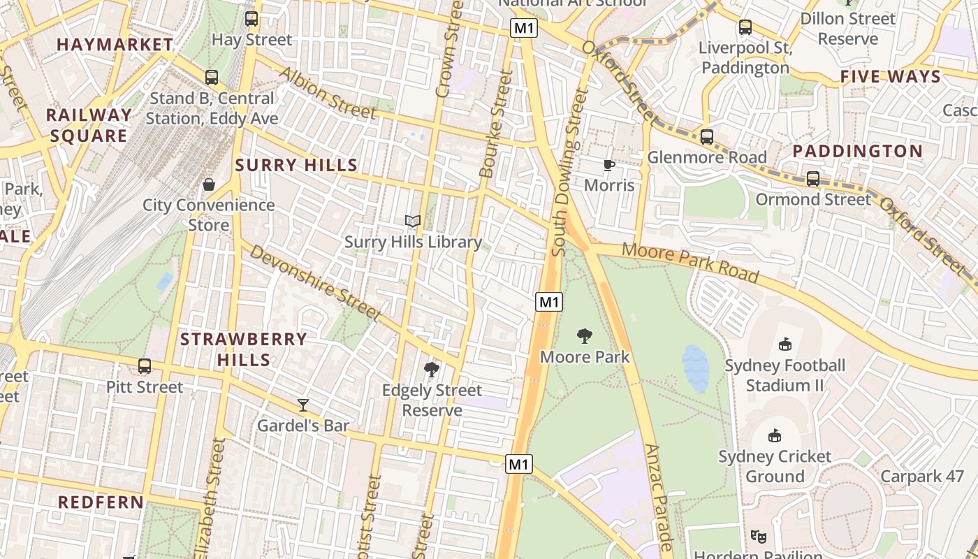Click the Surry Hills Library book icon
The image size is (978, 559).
coord(413,222)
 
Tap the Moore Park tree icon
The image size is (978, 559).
coord(585,337)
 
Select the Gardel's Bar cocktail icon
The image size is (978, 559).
coord(303,405)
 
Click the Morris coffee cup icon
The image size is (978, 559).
coord(609,165)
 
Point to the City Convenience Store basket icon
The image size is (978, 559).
coord(208,184)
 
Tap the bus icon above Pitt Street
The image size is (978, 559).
coord(145,365)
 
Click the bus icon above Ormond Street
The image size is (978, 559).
coord(813,179)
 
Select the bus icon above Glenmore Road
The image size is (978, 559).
coord(707,136)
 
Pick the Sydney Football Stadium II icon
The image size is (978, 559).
coord(785,344)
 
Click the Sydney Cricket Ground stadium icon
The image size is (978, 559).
coord(775,435)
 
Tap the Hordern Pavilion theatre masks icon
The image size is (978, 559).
coord(758,537)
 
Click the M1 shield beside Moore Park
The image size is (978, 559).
coord(549,302)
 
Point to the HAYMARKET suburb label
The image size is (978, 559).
coord(115,45)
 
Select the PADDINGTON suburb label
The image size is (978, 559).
coord(858,151)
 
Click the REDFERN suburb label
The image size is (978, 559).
coord(101,502)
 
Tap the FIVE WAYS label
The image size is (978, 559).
coord(891,77)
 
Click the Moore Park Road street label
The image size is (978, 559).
coord(689,263)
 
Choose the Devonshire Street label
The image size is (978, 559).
coord(315,283)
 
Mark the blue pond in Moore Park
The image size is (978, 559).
coord(696,368)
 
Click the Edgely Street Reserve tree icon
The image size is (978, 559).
coord(432,369)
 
